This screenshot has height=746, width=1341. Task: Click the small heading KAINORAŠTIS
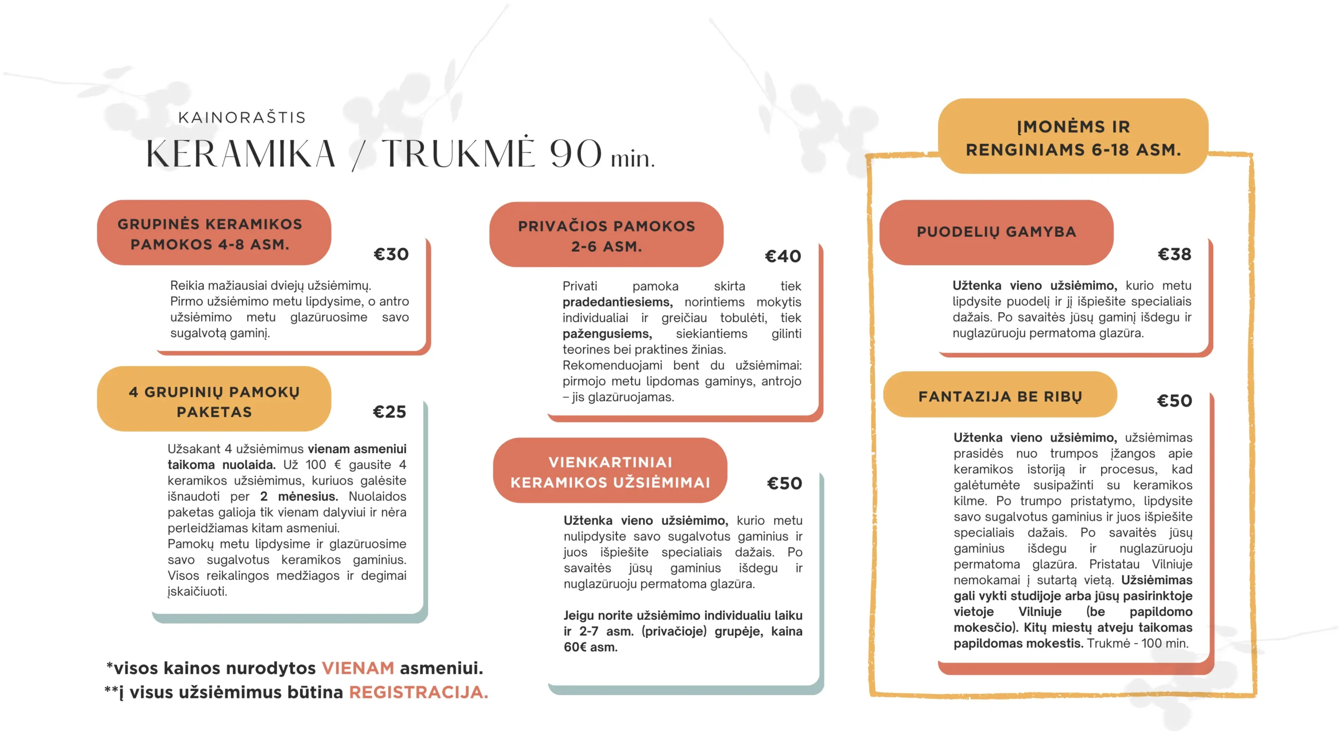coord(241,117)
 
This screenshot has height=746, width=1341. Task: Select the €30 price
coord(391,255)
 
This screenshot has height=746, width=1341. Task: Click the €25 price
coord(389,412)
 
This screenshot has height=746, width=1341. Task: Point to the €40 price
coord(783,256)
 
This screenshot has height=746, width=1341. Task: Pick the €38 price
coord(1174,255)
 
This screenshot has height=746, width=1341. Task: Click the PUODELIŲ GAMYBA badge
coord(996,232)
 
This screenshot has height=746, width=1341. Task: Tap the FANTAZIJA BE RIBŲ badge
coord(999,396)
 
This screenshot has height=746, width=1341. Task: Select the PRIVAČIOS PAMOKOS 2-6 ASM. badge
coord(606,236)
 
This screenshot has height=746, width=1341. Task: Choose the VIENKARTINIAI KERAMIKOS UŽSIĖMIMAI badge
coord(610,471)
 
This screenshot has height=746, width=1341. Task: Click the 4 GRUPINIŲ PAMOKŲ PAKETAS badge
coord(214,401)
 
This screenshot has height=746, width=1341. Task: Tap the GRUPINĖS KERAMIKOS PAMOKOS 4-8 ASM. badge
coord(210,234)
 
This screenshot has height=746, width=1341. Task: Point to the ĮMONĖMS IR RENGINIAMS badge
coord(1073,138)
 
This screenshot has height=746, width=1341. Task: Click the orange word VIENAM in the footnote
coord(358,668)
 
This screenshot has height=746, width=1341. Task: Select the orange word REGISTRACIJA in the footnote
coord(418,693)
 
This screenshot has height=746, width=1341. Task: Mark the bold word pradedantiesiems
coord(617,302)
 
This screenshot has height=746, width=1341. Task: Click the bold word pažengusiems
coord(607,334)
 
